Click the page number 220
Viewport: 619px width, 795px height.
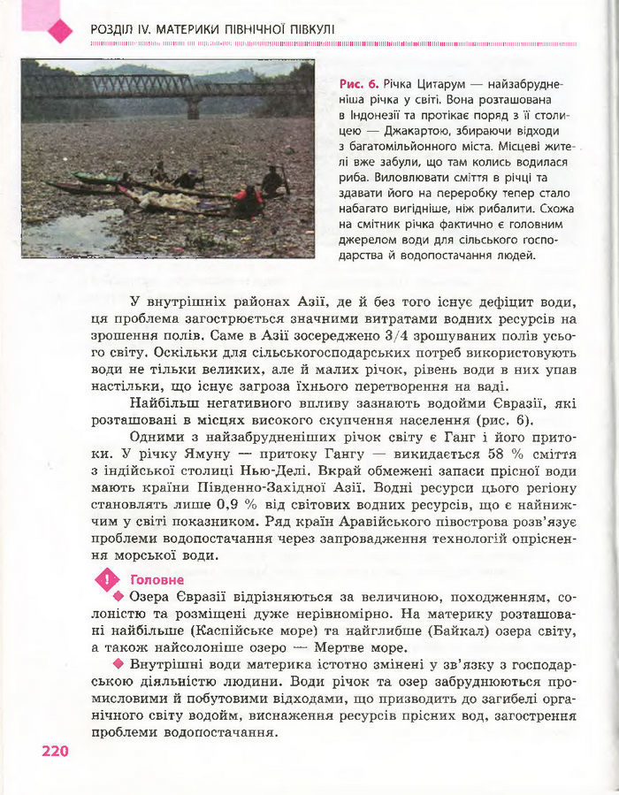(x=54, y=751)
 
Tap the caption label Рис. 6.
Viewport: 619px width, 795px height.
(x=359, y=84)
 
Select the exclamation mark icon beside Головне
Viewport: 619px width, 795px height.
(x=107, y=581)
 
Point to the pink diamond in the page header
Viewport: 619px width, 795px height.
(x=60, y=32)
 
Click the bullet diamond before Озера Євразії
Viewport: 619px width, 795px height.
(x=119, y=598)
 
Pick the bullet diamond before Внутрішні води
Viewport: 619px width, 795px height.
(x=119, y=664)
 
